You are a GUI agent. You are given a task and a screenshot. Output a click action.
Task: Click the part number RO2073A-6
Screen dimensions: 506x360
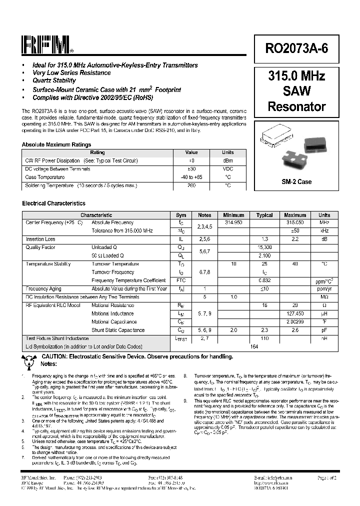296,48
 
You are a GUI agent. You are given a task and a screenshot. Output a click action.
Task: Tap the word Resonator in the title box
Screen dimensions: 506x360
296,106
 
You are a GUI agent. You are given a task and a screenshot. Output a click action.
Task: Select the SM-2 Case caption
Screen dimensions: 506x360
296,181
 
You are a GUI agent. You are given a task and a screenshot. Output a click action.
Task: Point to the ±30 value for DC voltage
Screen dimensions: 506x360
191,169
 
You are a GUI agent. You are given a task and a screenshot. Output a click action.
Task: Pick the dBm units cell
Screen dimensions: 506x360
227,161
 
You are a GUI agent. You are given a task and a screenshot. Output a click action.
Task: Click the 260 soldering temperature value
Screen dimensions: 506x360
191,185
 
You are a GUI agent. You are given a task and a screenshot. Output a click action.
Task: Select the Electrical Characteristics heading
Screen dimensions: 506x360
54,203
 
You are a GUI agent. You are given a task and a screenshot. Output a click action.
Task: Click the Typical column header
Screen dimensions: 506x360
264,215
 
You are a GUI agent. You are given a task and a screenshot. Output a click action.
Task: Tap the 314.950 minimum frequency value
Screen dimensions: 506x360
233,222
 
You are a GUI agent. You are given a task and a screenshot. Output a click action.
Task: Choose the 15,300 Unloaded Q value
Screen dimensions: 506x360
264,247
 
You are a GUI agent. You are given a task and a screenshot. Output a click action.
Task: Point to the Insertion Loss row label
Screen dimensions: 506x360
40,239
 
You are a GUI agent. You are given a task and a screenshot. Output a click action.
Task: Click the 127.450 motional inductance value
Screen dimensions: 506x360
295,313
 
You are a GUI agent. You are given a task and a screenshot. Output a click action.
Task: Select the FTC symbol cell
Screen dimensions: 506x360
181,280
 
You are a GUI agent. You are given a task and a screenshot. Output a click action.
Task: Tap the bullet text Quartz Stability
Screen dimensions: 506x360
54,80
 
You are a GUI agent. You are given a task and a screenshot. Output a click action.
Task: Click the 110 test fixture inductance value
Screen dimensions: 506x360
264,338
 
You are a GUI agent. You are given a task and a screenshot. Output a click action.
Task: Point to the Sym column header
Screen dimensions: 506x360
181,215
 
